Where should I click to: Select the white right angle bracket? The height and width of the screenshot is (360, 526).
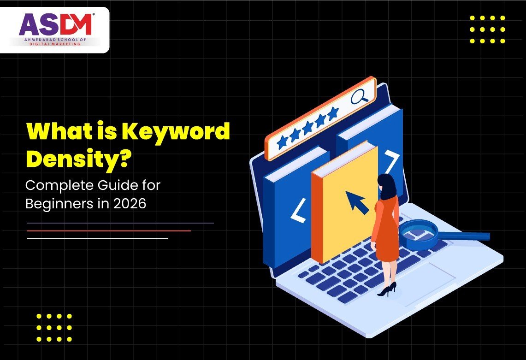392,161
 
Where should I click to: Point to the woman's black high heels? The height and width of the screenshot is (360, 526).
388,290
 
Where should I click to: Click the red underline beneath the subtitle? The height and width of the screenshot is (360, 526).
109,230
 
